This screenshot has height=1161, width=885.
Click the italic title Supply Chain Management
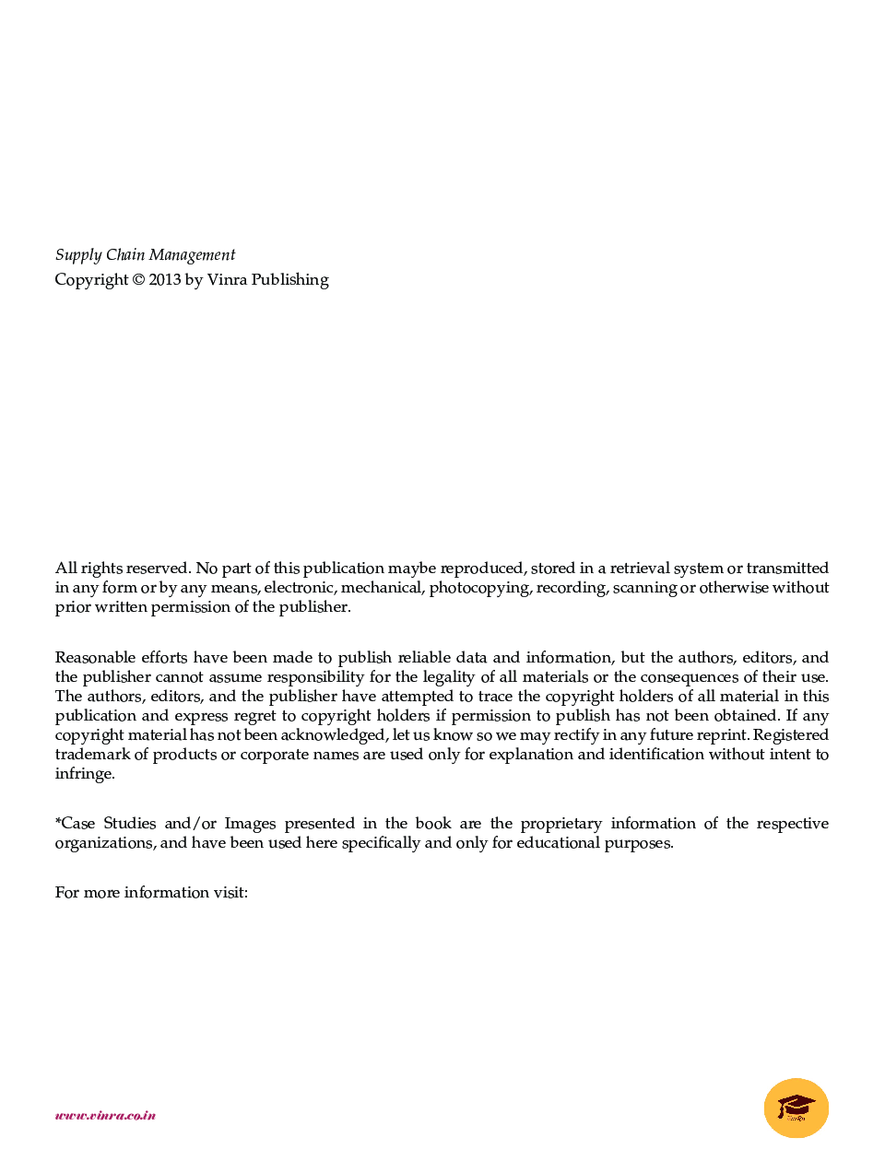[x=145, y=255]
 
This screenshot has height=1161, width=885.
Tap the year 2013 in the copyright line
[x=165, y=279]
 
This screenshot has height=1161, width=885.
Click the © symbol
[x=138, y=279]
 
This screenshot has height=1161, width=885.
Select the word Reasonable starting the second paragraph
[x=94, y=658]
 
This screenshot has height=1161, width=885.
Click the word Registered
[x=791, y=735]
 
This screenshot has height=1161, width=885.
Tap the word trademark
[x=92, y=755]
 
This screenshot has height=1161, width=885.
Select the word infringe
[x=85, y=774]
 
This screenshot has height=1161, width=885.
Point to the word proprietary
[x=560, y=824]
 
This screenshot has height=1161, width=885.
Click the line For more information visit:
[x=151, y=893]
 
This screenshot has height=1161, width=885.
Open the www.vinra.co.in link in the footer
[x=105, y=1116]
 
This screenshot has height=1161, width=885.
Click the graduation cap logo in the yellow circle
[x=796, y=1108]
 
